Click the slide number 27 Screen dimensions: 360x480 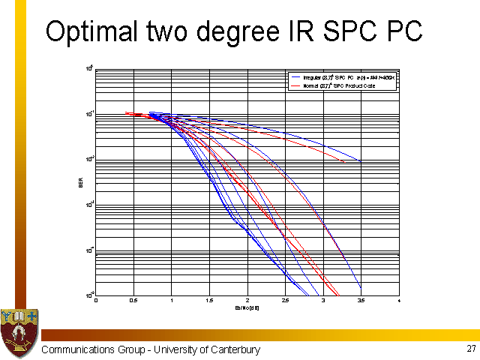point(470,349)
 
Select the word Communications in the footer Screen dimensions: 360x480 point(78,350)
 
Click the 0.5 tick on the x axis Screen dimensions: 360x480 point(133,300)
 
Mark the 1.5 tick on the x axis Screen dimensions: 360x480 point(209,300)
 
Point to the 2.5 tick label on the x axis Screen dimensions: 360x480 point(285,300)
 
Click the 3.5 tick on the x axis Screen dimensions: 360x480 point(361,300)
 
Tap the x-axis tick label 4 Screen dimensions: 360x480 point(398,300)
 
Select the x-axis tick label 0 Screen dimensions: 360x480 point(96,300)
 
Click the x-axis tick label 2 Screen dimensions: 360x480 point(247,300)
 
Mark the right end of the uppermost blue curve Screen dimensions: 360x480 point(361,161)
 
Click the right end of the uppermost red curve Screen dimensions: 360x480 point(344,162)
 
